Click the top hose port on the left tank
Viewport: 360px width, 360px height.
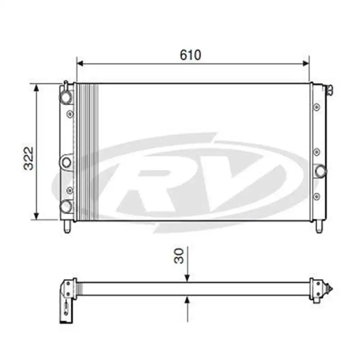(66, 97)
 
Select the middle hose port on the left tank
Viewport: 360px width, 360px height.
(66, 162)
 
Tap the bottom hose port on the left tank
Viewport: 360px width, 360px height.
(66, 207)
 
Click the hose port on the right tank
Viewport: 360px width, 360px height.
(320, 170)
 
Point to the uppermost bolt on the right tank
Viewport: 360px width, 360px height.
(316, 107)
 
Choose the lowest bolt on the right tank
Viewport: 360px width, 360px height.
(316, 196)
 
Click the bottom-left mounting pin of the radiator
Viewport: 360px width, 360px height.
(67, 227)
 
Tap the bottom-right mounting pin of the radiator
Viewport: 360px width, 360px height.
(319, 227)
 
